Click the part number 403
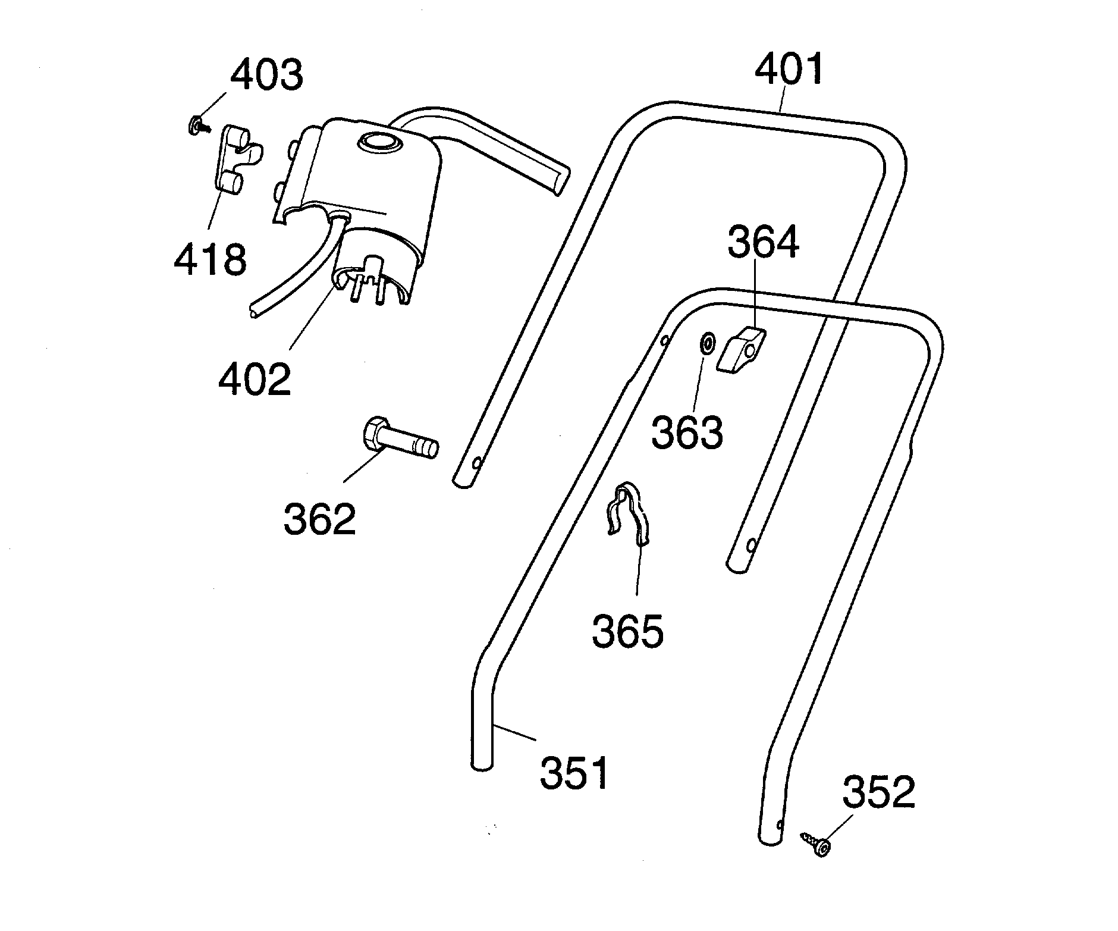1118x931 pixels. (x=266, y=76)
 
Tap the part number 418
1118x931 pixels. (x=210, y=260)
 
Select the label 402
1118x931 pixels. (x=255, y=380)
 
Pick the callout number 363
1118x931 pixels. (x=687, y=432)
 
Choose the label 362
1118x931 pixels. (x=319, y=519)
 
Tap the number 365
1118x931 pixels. (x=627, y=631)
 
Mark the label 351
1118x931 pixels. (x=574, y=772)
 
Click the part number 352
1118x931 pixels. (x=879, y=792)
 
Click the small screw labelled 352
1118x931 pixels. (x=815, y=844)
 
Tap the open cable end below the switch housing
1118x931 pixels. (x=255, y=312)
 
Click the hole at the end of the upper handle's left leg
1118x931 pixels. (x=478, y=462)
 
